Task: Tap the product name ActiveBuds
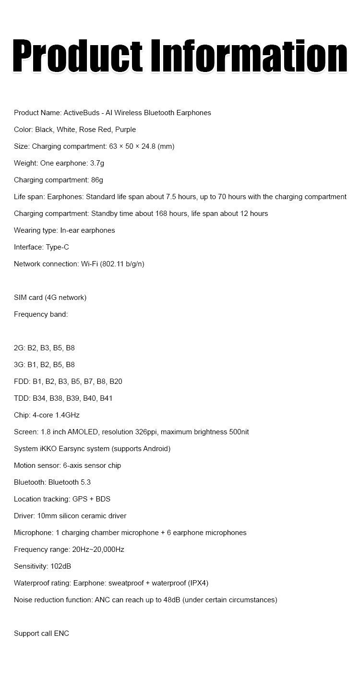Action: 83,113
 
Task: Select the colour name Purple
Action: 126,130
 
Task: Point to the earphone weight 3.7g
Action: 97,163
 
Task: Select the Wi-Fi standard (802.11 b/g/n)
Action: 122,264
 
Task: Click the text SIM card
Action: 28,298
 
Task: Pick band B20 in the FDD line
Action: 116,382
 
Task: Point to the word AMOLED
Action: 83,432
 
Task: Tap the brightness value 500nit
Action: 239,432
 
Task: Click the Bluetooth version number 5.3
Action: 85,482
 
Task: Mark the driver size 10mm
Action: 46,516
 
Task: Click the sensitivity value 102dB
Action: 60,566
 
